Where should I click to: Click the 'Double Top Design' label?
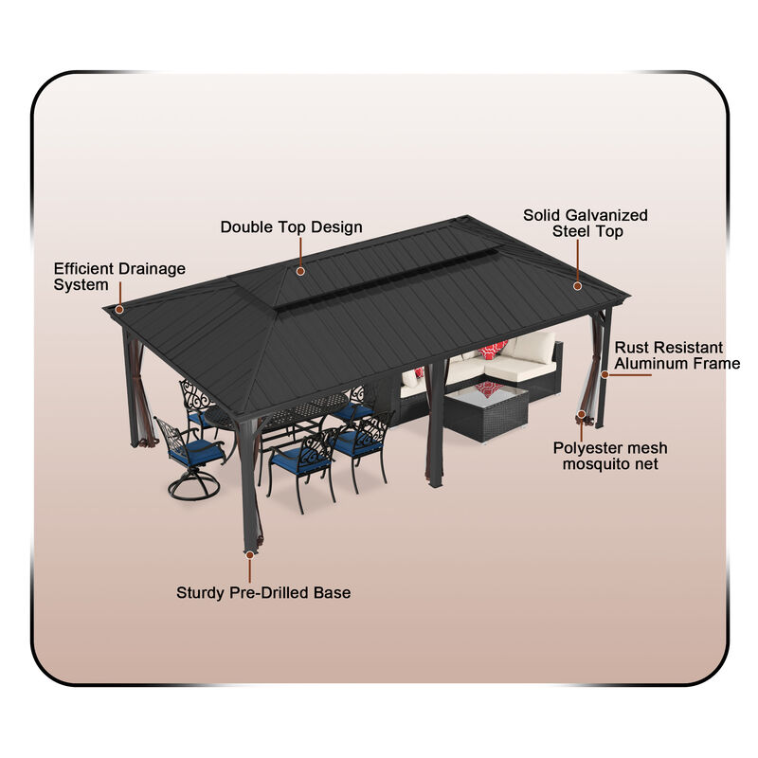[x=291, y=227]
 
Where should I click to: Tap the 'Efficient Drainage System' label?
[x=119, y=277]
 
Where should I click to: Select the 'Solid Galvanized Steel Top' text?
[x=586, y=224]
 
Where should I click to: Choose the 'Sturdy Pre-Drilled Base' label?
[x=263, y=593]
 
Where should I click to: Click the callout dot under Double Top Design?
[x=300, y=271]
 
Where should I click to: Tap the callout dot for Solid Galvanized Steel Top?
[x=576, y=283]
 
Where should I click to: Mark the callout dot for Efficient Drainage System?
[x=119, y=308]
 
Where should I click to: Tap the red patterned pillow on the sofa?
[x=492, y=352]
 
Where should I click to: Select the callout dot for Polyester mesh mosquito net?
[x=581, y=414]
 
